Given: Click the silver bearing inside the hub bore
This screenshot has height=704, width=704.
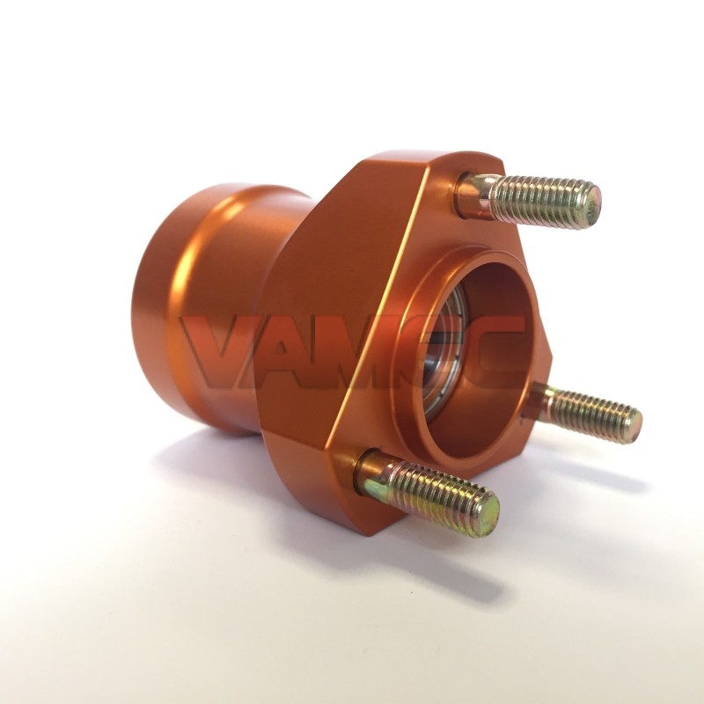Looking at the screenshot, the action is pos(443,355).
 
